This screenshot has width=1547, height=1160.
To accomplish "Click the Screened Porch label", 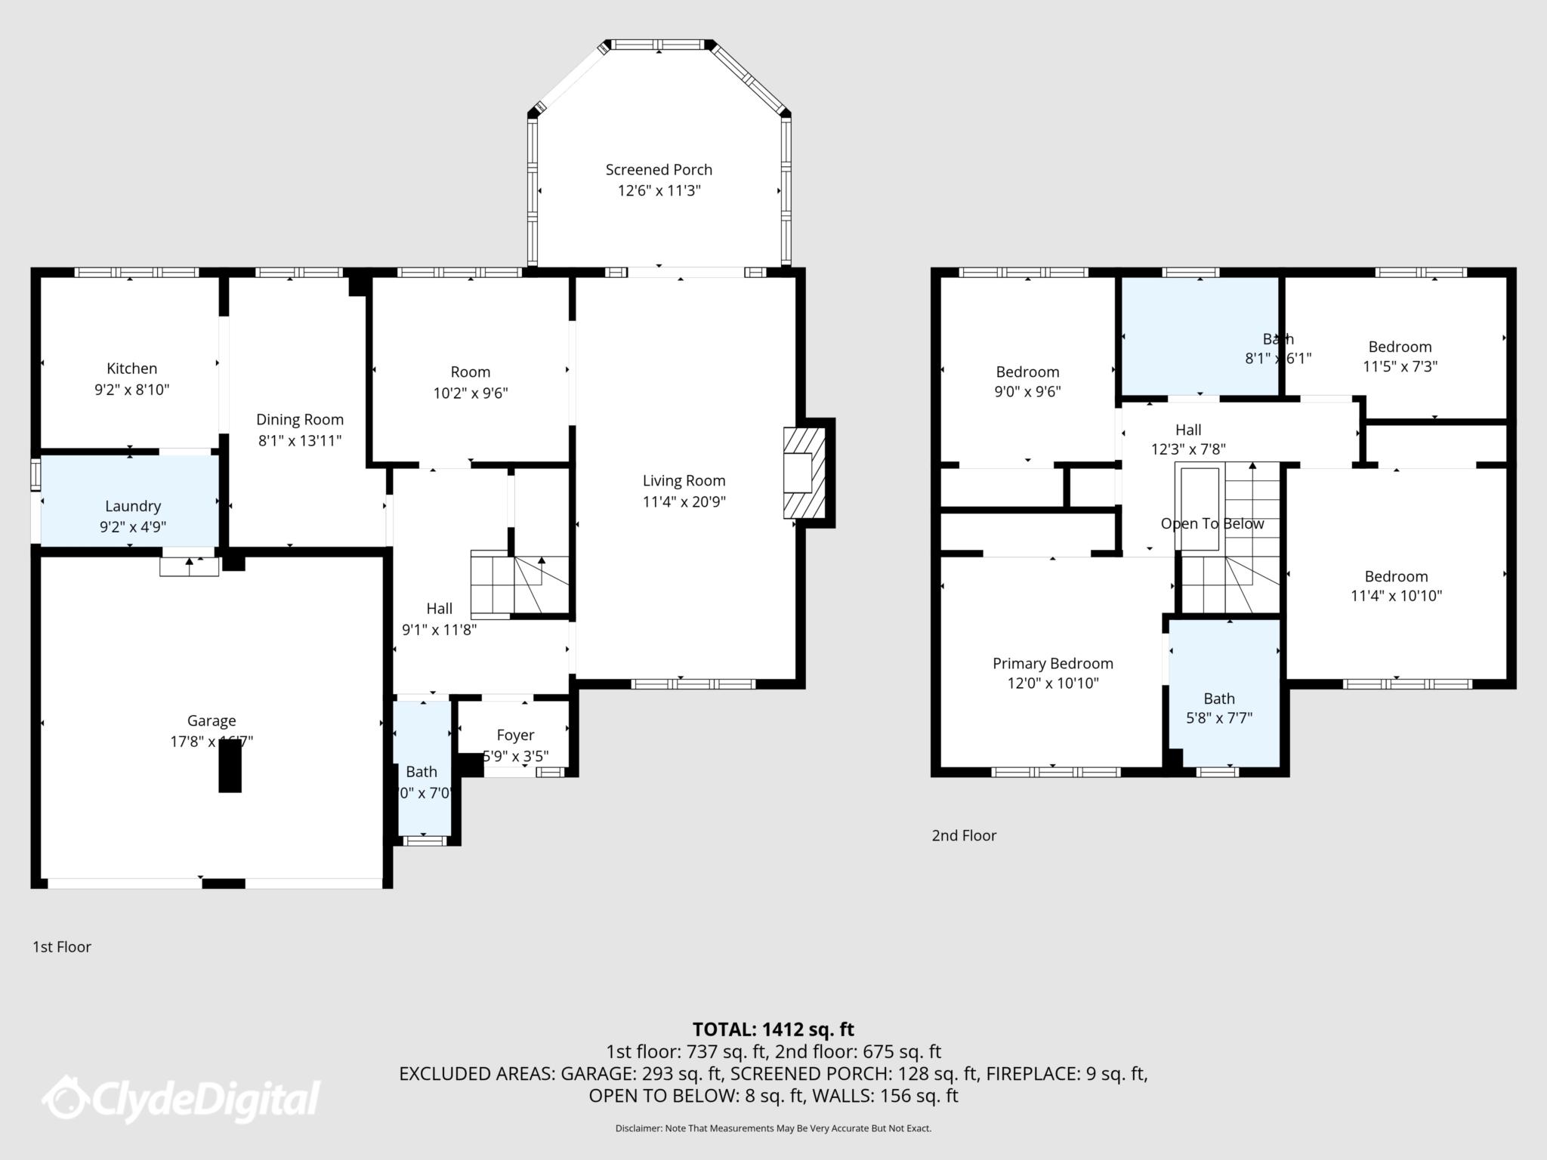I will click(x=659, y=170).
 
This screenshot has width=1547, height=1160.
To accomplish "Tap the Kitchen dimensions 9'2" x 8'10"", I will click(x=132, y=390).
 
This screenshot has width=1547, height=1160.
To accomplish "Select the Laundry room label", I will click(x=133, y=506).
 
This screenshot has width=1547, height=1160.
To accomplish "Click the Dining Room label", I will click(x=300, y=420).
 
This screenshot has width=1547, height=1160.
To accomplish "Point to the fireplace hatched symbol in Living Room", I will click(x=804, y=473).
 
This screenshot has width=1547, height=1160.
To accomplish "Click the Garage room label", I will click(x=212, y=720).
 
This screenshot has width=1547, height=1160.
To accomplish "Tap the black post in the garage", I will click(x=230, y=766).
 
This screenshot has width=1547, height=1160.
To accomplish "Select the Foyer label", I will click(x=515, y=735).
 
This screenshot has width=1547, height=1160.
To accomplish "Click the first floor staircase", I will click(x=518, y=585).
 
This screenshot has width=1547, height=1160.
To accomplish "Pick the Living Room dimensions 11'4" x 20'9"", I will click(x=684, y=501).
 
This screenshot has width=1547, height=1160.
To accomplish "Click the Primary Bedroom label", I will click(x=1052, y=663).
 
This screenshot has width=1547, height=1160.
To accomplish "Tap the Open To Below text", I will click(x=1212, y=523).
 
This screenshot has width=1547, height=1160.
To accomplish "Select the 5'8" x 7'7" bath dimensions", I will click(x=1219, y=718).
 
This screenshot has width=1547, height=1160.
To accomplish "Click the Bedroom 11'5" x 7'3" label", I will click(x=1400, y=347).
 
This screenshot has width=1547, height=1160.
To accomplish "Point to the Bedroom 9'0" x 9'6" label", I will click(x=1027, y=372).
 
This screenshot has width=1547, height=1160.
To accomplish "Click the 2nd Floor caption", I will click(x=964, y=835).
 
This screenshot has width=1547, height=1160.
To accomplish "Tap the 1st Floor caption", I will click(x=62, y=946).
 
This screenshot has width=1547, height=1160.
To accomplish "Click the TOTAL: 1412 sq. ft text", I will click(x=773, y=1029).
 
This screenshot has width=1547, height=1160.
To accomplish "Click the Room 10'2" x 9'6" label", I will click(x=471, y=372).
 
